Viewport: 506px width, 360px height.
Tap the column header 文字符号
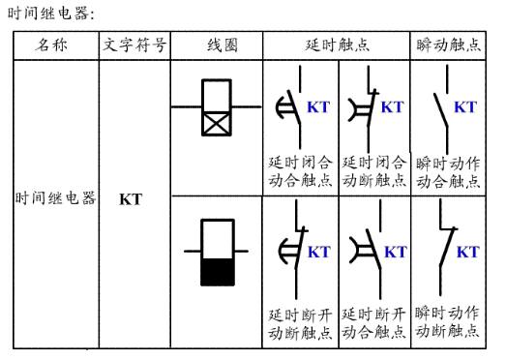(x=134, y=45)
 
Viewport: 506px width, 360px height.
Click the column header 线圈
(x=222, y=45)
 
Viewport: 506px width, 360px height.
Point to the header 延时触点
(x=338, y=45)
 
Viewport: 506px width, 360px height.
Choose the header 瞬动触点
(x=448, y=45)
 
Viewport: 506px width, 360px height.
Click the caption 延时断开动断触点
(x=302, y=323)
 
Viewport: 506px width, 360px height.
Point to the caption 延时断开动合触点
(x=374, y=323)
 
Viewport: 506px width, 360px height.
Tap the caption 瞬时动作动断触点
(x=449, y=321)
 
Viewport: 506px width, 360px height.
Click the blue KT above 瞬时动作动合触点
(x=464, y=106)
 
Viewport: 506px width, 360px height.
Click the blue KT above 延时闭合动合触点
(x=318, y=106)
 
